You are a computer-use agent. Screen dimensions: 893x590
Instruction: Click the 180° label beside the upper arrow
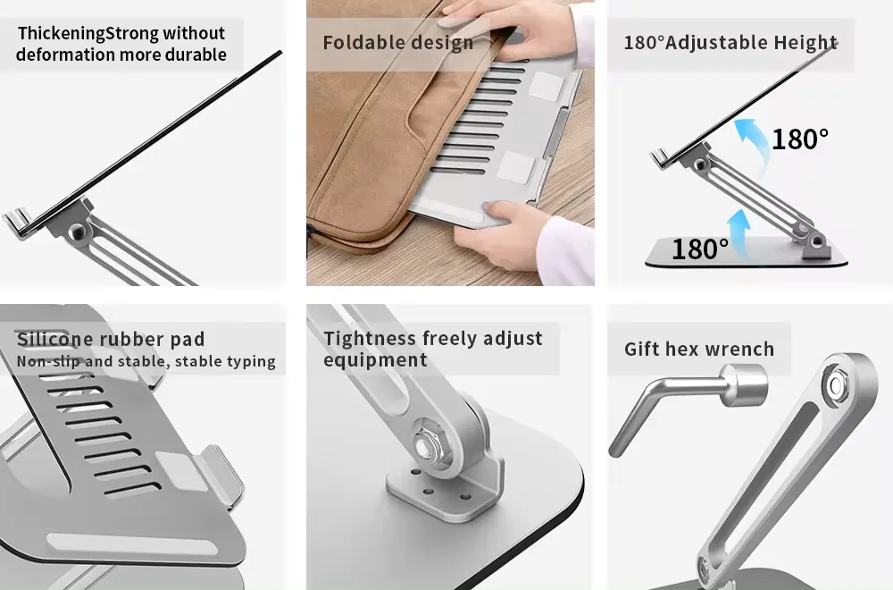tap(800, 139)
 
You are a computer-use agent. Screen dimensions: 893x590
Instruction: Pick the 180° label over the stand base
tap(700, 249)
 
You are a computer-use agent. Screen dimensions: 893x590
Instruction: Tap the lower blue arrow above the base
tap(739, 232)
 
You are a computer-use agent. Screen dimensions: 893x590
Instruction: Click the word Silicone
tap(54, 339)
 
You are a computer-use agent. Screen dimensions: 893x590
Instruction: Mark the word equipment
tap(375, 360)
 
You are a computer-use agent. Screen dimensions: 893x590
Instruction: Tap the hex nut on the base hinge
tap(425, 444)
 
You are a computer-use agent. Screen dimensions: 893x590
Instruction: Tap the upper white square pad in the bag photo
tap(547, 86)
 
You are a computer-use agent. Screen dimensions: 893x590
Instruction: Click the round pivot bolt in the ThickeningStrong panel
tap(77, 232)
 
